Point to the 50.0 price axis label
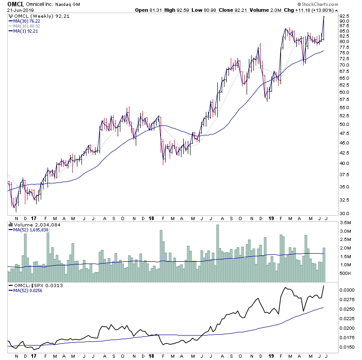[345, 124]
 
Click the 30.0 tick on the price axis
[345, 213]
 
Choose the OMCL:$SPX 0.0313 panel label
[32, 286]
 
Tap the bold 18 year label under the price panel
[150, 218]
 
